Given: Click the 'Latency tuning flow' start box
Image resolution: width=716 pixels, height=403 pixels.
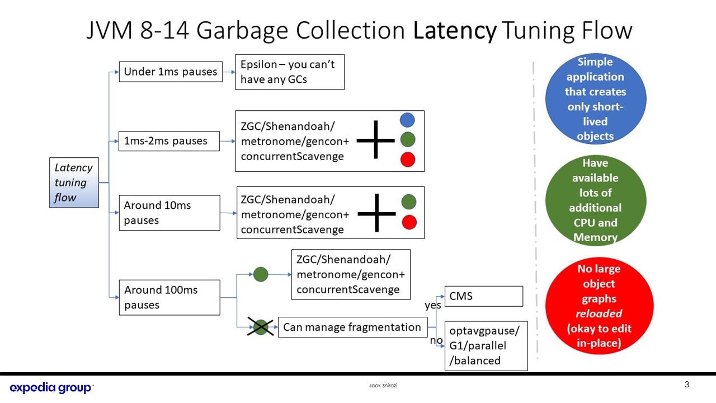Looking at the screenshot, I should click(74, 182).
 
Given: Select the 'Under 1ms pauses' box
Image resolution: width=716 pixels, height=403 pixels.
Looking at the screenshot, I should click(171, 72).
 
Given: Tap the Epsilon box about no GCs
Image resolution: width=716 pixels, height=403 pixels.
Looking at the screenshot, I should click(289, 72).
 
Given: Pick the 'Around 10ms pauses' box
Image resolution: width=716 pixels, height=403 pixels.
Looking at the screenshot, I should click(169, 213).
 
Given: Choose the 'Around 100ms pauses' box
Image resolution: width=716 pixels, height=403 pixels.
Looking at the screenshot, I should click(169, 297).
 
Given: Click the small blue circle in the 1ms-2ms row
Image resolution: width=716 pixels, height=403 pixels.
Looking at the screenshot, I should click(408, 120).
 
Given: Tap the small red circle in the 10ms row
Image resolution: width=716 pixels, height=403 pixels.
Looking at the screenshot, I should click(409, 222).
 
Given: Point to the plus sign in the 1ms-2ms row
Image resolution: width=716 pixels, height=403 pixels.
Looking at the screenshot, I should click(375, 140).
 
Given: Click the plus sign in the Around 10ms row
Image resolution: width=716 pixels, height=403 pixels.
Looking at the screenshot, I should click(376, 213).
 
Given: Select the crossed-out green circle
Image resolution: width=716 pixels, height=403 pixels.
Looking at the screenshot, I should click(260, 327).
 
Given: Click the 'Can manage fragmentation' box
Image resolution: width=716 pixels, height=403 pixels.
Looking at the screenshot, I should click(352, 327).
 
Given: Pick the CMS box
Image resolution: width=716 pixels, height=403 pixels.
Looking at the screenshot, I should click(483, 296).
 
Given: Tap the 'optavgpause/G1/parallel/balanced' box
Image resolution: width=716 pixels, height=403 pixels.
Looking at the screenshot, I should click(486, 345).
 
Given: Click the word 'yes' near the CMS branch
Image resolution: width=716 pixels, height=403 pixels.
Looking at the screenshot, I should click(433, 305).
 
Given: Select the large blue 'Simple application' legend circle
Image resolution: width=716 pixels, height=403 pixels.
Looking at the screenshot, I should click(595, 99).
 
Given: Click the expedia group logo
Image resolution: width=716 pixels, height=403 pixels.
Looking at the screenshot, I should click(51, 387).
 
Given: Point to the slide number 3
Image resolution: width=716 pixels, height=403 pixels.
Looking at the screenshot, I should click(687, 385).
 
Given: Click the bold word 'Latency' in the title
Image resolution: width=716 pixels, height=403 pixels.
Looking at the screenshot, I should click(455, 30).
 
